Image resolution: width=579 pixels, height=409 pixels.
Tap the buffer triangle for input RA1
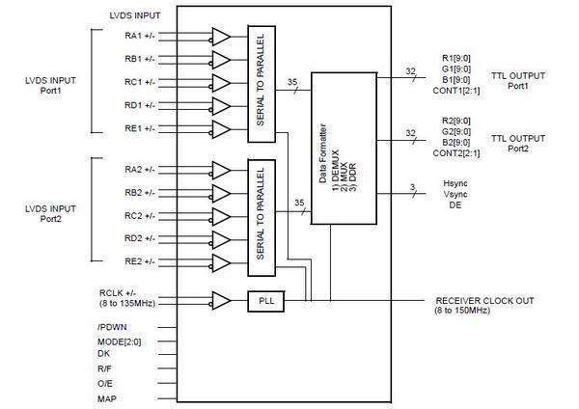(219, 38)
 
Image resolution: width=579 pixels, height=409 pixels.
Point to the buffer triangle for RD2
(219, 238)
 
